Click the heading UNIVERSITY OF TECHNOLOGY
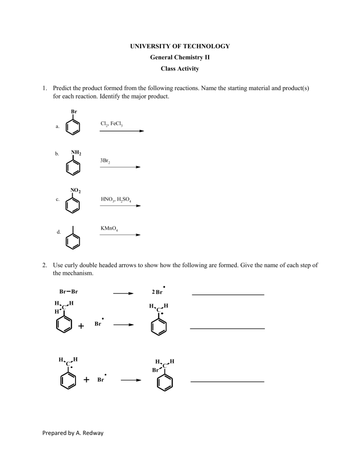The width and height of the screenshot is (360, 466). pos(180,46)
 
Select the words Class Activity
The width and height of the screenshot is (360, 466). pos(180,68)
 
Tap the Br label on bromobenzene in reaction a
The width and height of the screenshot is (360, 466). pos(74,112)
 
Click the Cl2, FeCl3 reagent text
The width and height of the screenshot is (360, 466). pos(112,124)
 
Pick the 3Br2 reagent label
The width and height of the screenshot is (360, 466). pos(105,160)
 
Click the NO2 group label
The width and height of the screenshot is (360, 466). pos(75,190)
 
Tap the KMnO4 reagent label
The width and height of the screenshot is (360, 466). pos(109,228)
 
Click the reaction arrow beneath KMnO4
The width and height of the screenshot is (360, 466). pos(120,235)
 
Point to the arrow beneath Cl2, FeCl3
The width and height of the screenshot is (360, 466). pos(122,131)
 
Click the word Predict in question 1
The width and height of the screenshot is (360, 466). pos(63,88)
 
